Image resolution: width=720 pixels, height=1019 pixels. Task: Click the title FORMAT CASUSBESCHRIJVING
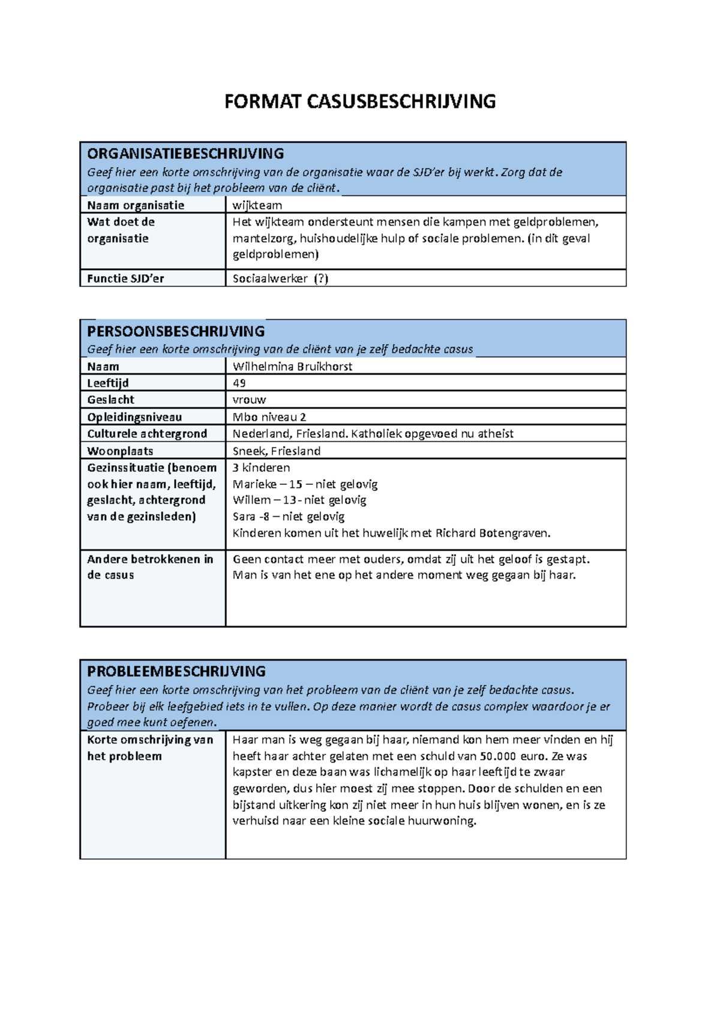coord(360,101)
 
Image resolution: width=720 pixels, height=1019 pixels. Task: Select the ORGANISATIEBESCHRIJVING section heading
coord(185,154)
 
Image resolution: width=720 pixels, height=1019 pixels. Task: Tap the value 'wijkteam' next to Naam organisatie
coord(257,205)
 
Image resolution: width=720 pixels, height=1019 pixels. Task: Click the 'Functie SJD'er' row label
coord(125,278)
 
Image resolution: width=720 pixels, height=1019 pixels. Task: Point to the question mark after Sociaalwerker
coord(322,278)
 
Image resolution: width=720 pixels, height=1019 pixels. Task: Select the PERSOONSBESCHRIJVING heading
coord(176,331)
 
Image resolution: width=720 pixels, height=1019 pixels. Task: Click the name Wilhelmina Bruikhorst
coord(292,367)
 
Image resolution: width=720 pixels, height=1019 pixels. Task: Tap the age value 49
coord(239,383)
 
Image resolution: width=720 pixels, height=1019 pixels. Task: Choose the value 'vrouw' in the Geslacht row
coord(249,400)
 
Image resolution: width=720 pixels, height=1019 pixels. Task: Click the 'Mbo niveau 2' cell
coord(269,417)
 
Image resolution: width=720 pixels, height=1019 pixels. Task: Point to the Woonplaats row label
coord(120,451)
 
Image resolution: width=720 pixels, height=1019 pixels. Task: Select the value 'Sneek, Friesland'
coord(276,451)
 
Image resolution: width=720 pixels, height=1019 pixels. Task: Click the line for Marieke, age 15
coord(305,484)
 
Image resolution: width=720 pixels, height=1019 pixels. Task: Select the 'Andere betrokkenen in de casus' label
coord(150,567)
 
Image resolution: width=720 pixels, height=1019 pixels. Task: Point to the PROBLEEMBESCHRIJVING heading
coord(176,672)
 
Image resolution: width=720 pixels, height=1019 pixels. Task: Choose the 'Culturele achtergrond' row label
coord(147,434)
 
